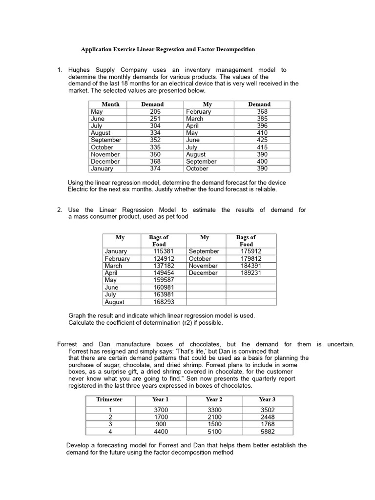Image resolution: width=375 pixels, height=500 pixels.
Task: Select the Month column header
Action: click(110, 104)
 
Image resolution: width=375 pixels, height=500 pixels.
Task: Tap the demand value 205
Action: click(155, 111)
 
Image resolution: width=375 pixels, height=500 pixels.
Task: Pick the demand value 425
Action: click(262, 140)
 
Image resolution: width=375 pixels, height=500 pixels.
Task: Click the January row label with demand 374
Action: click(102, 168)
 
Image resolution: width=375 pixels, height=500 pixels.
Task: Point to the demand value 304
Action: click(155, 125)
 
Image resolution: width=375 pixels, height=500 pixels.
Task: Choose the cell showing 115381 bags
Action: click(164, 251)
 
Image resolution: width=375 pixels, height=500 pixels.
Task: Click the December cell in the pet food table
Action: click(203, 272)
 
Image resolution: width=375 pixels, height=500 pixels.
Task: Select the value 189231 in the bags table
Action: click(251, 272)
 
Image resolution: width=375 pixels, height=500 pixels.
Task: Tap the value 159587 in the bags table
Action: click(164, 280)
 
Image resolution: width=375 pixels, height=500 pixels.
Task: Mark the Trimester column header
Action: click(109, 399)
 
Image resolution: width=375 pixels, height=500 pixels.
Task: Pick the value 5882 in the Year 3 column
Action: click(268, 431)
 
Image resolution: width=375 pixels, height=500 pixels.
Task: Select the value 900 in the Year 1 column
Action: click(161, 424)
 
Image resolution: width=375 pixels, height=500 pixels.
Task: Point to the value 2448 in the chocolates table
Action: click(268, 417)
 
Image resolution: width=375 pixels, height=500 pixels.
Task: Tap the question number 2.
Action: click(59, 209)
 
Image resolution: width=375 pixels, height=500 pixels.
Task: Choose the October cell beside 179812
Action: click(200, 258)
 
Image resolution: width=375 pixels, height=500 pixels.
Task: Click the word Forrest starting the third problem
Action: click(68, 344)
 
